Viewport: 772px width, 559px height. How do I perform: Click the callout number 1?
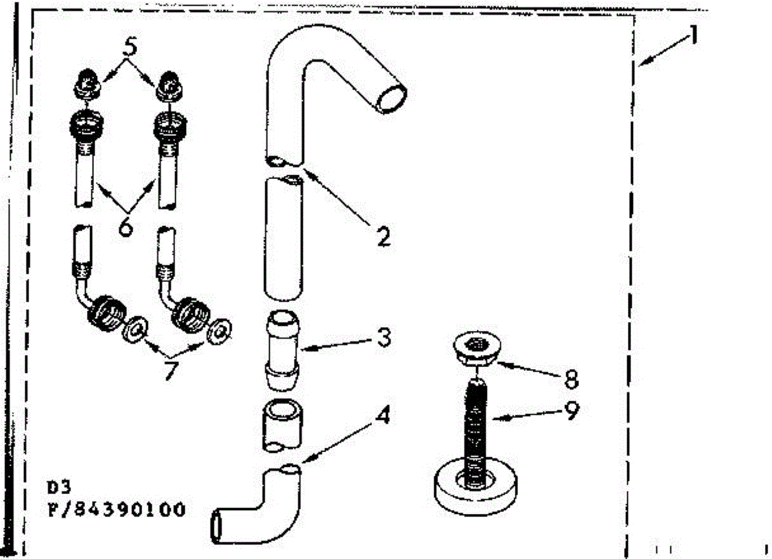692,36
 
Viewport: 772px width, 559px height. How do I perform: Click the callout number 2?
383,236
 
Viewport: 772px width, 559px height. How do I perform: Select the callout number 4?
383,415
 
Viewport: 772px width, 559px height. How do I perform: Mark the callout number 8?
570,378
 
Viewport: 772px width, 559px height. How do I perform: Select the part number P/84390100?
116,510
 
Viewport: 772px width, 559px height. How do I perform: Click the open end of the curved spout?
392,99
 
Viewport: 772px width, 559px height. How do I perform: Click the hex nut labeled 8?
477,351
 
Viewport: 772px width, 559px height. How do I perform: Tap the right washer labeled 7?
220,330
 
